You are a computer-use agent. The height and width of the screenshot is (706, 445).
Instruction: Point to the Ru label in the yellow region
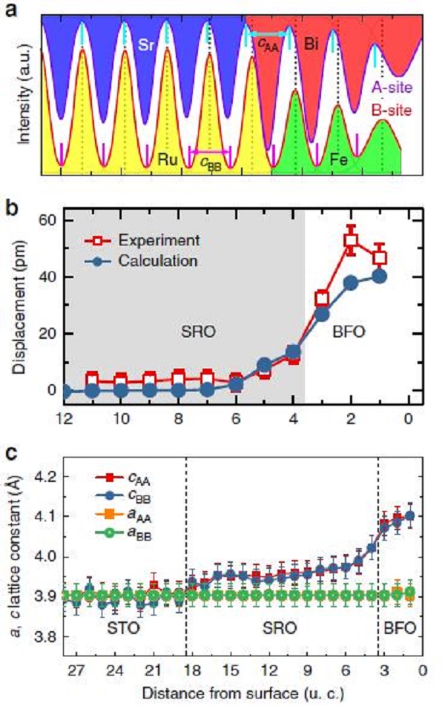click(x=168, y=159)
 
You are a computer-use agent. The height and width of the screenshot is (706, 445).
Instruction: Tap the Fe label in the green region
click(x=340, y=158)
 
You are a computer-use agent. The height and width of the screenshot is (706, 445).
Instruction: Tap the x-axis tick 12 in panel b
click(x=65, y=418)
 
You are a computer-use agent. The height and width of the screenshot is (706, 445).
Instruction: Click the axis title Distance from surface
click(x=242, y=691)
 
